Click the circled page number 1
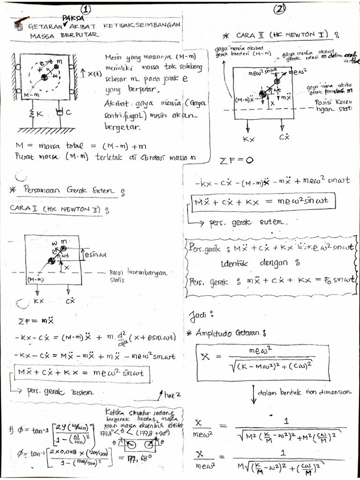point(86,10)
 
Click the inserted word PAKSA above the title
point(72,18)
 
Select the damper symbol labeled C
point(59,112)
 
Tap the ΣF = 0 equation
point(236,161)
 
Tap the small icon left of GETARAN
point(18,26)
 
